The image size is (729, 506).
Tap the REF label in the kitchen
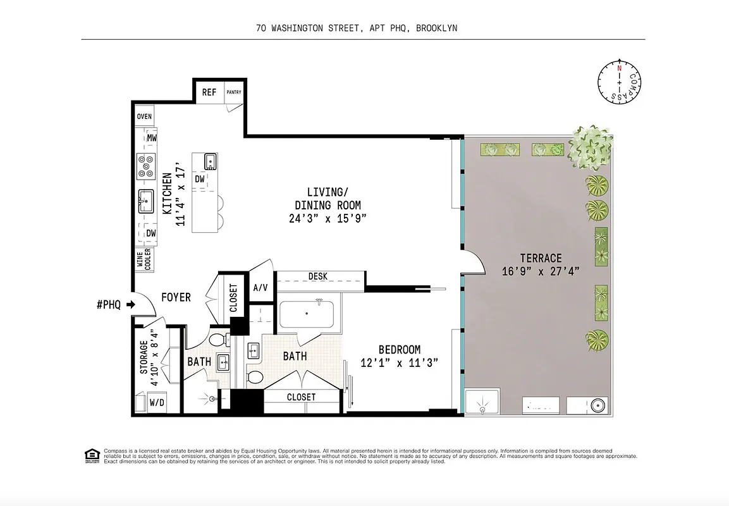[209, 92]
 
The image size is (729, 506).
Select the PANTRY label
[234, 92]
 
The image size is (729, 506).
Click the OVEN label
[144, 116]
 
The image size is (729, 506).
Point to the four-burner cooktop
[147, 166]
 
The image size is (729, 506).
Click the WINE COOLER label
[144, 259]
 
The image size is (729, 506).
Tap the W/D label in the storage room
[157, 402]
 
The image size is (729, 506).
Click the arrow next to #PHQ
[131, 305]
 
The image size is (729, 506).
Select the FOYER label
[176, 297]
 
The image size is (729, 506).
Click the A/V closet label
[260, 288]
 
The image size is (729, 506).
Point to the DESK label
[317, 276]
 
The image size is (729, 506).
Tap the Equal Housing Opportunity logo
[92, 455]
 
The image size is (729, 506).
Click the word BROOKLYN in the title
[436, 28]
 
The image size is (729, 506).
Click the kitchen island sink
[210, 162]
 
